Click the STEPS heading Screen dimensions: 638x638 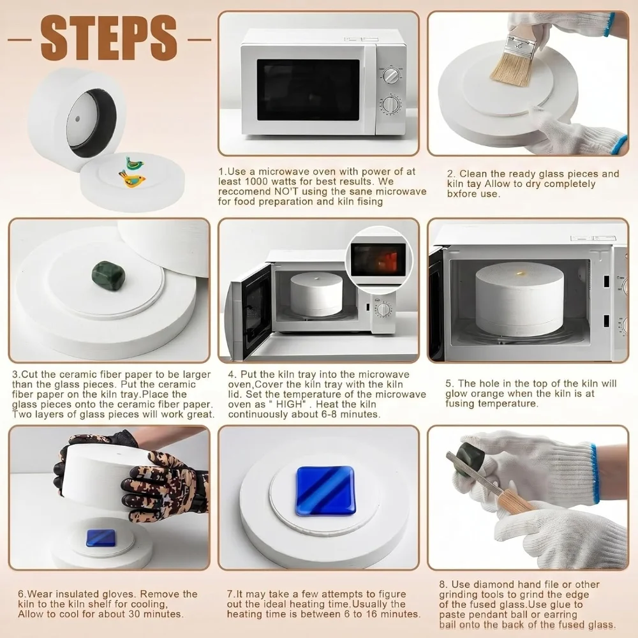[x=109, y=39]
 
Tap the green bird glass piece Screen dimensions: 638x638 [x=135, y=163]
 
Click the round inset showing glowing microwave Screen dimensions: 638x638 [x=378, y=259]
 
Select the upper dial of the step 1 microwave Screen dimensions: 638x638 [x=392, y=75]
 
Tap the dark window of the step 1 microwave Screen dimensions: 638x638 [x=308, y=90]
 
